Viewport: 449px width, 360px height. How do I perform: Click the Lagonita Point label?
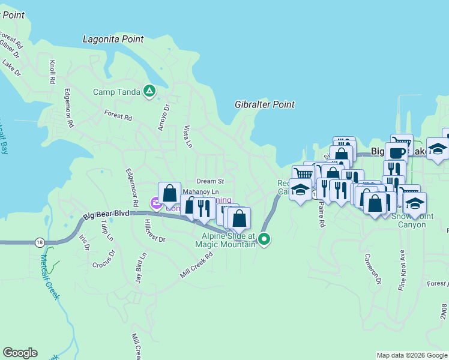click(113, 39)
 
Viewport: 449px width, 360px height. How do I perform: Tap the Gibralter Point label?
click(265, 104)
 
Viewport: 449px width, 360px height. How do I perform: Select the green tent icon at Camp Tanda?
click(149, 92)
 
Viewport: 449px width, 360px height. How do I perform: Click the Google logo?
click(20, 353)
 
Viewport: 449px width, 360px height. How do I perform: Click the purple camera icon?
click(155, 204)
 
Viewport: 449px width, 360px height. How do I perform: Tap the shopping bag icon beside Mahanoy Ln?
click(169, 193)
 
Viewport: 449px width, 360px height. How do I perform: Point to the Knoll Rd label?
click(53, 71)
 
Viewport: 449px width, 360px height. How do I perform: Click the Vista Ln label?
click(187, 137)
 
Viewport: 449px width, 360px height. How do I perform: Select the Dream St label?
click(210, 181)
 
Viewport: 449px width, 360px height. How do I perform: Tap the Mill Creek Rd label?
click(197, 265)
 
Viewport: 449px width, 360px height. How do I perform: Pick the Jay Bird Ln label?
click(140, 268)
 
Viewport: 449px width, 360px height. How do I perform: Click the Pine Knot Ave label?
click(402, 270)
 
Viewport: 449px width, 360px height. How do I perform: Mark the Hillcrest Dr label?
click(153, 229)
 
